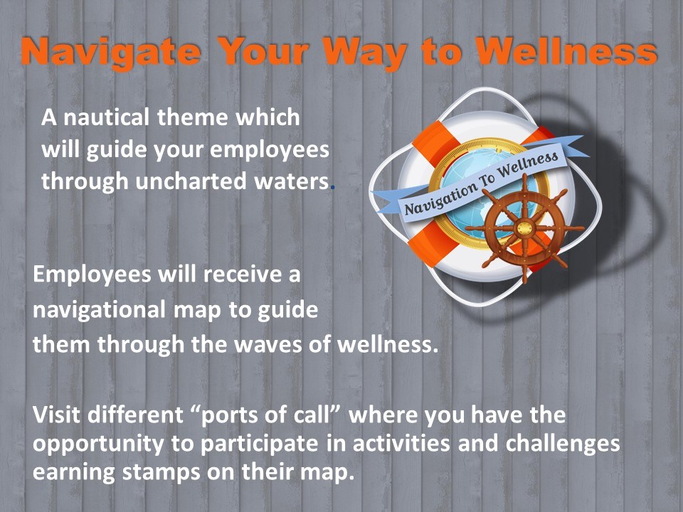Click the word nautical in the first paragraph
[x=107, y=117]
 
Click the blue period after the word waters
[x=333, y=188]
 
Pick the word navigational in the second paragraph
[x=100, y=310]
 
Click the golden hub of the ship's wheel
[x=524, y=228]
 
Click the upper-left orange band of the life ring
[x=434, y=142]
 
